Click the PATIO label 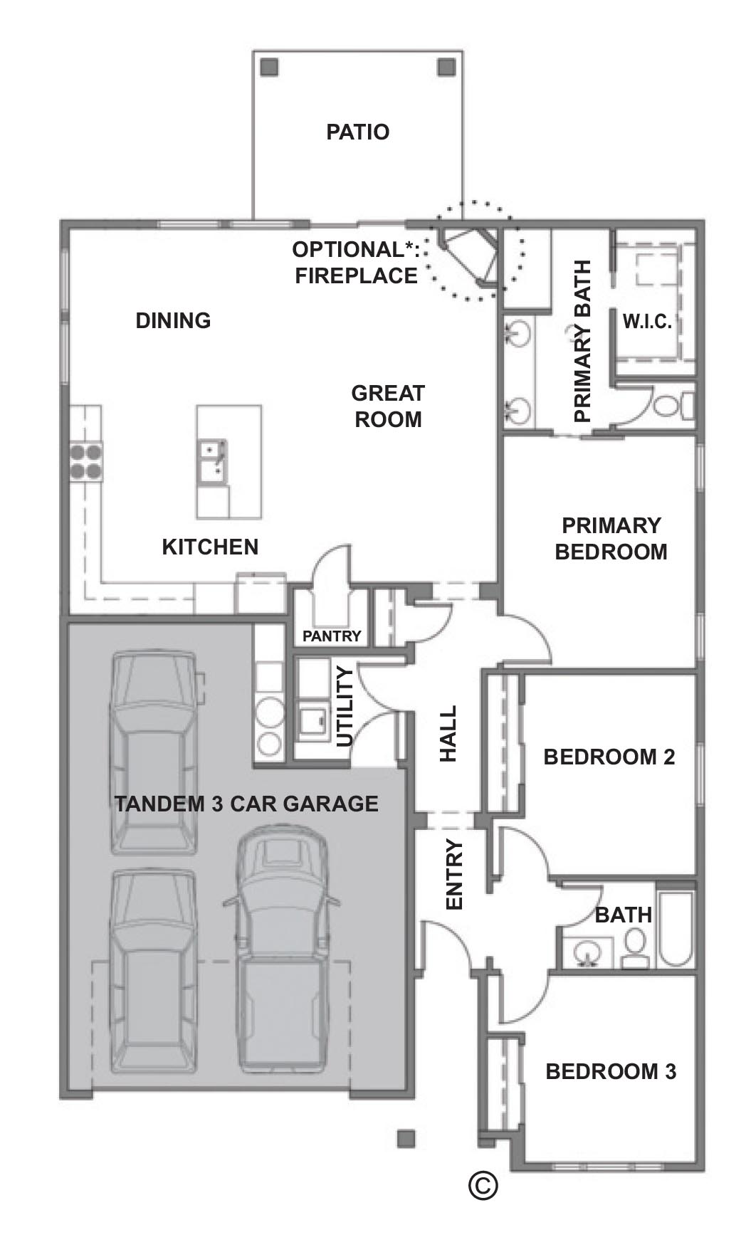point(357,132)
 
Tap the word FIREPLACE point(356,276)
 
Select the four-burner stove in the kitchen point(85,461)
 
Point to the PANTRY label point(332,636)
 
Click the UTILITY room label point(345,707)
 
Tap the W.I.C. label point(647,322)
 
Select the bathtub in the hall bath point(676,925)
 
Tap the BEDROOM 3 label point(611,1071)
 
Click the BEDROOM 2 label point(609,757)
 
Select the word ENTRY point(454,875)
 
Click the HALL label point(448,734)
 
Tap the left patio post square point(269,68)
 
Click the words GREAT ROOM point(388,406)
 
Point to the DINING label point(173,321)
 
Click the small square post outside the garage point(406,1138)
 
